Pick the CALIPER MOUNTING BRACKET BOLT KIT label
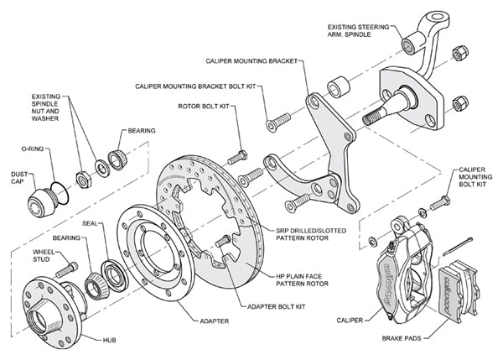pos(193,86)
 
